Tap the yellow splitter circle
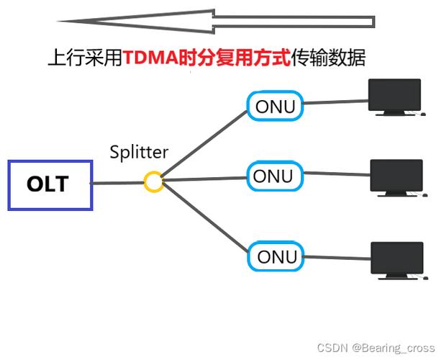[x=153, y=181]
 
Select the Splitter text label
[x=138, y=152]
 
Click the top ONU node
[x=274, y=106]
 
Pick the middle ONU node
[x=273, y=176]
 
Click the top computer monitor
[x=394, y=97]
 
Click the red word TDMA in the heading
[x=149, y=58]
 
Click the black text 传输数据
[x=328, y=58]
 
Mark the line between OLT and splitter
[x=117, y=183]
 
